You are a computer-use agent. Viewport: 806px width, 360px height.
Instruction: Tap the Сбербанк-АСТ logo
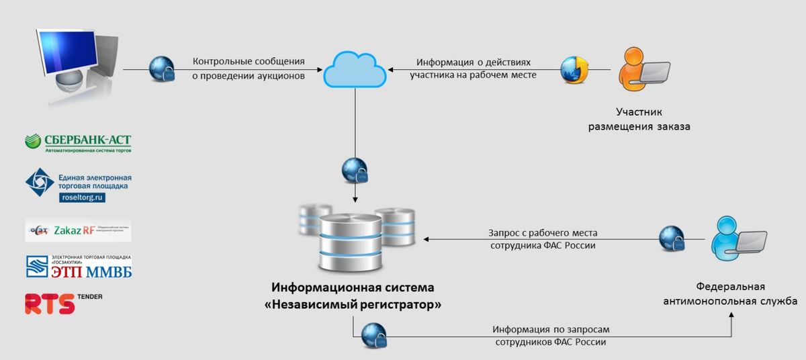pyautogui.click(x=78, y=143)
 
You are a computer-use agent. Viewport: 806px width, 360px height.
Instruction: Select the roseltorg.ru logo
pyautogui.click(x=78, y=185)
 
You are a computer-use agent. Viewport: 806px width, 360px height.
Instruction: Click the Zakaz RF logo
pyautogui.click(x=78, y=230)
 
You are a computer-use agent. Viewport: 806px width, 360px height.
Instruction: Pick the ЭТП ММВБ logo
pyautogui.click(x=78, y=267)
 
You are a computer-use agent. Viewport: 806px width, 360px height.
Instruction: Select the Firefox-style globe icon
pyautogui.click(x=575, y=69)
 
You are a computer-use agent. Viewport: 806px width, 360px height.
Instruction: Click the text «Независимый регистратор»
pyautogui.click(x=353, y=304)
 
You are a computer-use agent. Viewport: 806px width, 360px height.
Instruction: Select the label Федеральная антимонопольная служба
pyautogui.click(x=730, y=294)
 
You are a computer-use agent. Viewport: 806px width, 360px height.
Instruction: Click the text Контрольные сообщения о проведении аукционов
pyautogui.click(x=249, y=69)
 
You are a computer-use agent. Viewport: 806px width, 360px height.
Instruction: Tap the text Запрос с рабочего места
pyautogui.click(x=542, y=233)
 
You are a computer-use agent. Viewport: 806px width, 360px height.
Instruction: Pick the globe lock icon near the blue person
pyautogui.click(x=671, y=238)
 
